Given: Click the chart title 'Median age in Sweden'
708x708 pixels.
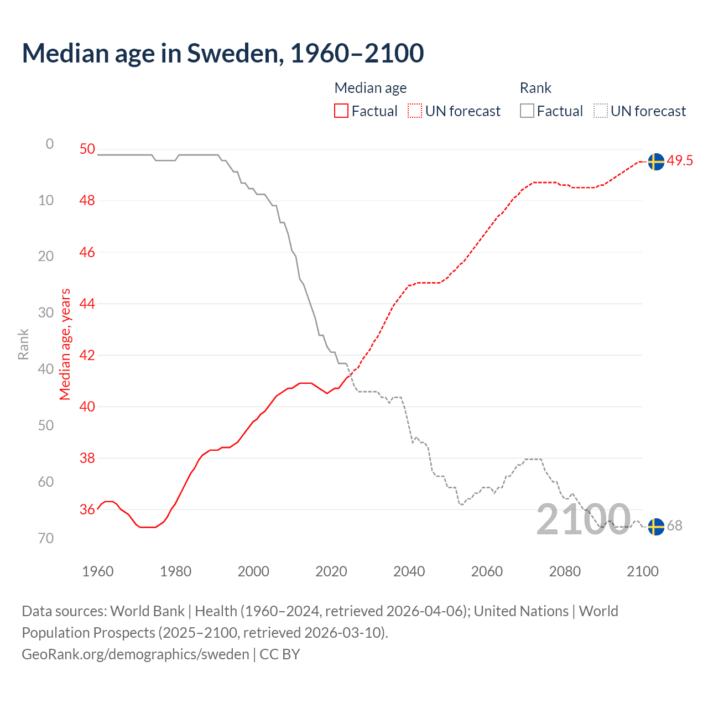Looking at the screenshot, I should [222, 54].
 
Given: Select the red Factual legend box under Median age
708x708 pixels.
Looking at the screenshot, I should [341, 111].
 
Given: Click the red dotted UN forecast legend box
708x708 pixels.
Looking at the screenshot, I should [415, 111].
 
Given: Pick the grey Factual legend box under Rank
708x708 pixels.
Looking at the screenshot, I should [527, 111].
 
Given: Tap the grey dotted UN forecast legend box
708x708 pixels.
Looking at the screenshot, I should [601, 111].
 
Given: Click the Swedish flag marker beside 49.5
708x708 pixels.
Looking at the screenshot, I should [656, 162].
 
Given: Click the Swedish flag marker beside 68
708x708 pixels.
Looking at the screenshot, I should [656, 527].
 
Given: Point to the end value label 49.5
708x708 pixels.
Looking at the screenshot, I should [680, 161].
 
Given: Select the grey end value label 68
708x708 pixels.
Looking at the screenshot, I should [675, 526].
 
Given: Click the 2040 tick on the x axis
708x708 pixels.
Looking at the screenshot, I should [409, 571].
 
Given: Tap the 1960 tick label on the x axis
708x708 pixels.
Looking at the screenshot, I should [97, 571].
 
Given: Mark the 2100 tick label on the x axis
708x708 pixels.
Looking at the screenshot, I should [642, 571].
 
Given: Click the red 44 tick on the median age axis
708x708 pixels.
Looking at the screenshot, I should [87, 304].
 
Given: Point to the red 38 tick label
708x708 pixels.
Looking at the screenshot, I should [87, 458].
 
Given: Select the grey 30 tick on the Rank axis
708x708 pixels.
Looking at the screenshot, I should [46, 313].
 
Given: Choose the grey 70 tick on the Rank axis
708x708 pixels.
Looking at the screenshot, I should [46, 538].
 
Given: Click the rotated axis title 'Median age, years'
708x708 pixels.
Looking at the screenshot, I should [65, 344].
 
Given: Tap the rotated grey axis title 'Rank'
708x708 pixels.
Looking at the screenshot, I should [23, 344].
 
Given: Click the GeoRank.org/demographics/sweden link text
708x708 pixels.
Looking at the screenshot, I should [136, 654].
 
